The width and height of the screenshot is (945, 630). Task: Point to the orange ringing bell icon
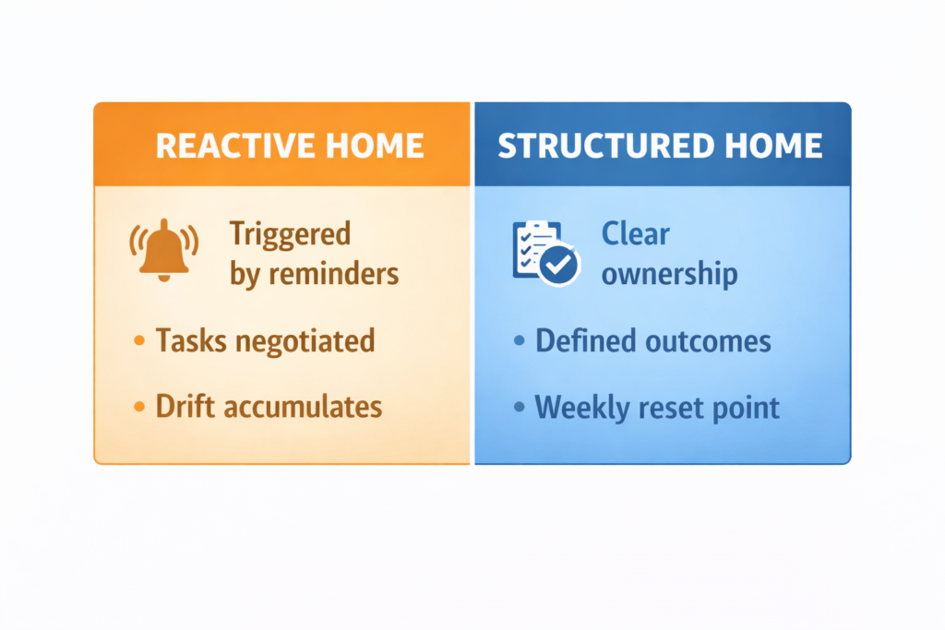163,249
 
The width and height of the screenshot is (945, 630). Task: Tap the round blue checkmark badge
558,266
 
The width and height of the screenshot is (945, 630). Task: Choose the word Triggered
290,233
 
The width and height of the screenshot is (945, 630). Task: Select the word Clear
635,233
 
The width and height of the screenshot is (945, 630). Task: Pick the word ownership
669,274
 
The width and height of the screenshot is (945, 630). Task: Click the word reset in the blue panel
676,407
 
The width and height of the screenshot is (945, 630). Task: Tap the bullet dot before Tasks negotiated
139,341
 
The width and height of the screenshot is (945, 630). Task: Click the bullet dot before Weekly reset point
520,407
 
